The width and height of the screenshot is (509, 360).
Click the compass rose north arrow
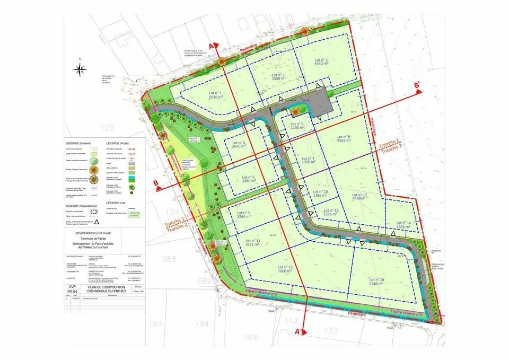point(81,69)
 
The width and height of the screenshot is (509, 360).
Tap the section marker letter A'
point(301,331)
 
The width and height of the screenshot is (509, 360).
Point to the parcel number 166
point(251,337)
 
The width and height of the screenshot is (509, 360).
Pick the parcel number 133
point(331,330)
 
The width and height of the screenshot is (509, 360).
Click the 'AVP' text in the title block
point(73,286)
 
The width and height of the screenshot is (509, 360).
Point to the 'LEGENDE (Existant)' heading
point(80,143)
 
